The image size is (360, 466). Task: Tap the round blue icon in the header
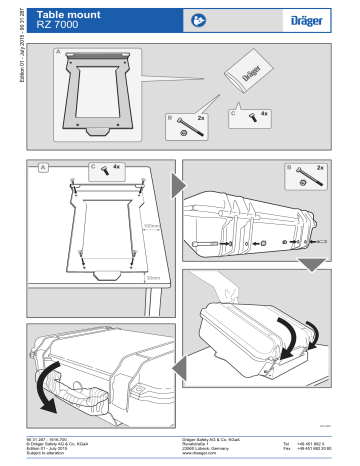tap(200, 18)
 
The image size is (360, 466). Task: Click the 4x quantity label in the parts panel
tap(264, 115)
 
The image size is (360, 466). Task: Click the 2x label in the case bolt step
tap(320, 167)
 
